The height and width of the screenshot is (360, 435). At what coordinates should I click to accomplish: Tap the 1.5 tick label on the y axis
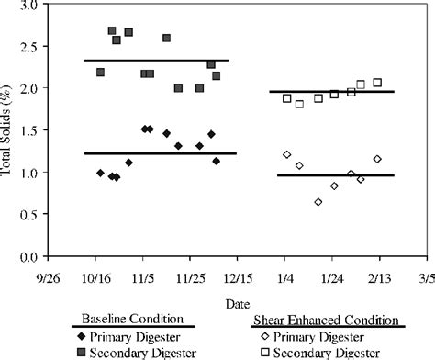tap(28, 131)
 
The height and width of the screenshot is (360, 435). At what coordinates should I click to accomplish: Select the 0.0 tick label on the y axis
tap(28, 257)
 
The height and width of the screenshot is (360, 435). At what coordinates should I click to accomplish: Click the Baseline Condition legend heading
tap(134, 320)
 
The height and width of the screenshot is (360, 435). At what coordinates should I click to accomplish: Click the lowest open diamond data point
tap(318, 202)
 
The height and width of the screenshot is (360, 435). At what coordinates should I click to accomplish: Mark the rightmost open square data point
tap(377, 83)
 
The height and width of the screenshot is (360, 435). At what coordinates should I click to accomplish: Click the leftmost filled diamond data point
tap(100, 173)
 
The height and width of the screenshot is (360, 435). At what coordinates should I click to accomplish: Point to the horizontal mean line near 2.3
tap(156, 61)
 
